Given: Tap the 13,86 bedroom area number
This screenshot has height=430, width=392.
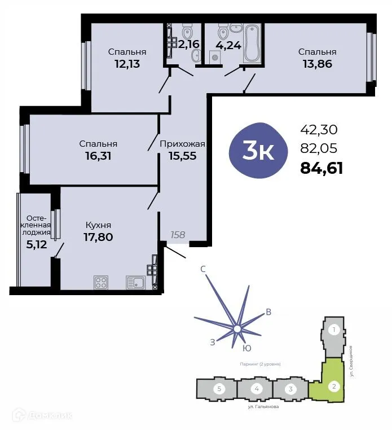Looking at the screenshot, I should pos(317,64).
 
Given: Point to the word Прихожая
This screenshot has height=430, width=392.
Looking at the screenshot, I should pos(182,143).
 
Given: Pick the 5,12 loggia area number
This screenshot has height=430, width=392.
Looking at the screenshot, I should pos(35,244).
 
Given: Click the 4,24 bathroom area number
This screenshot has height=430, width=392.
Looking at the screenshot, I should pos(228,45).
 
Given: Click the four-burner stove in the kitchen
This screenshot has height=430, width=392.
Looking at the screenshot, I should pos(101,282).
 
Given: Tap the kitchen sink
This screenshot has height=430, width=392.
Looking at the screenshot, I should pos(135,282).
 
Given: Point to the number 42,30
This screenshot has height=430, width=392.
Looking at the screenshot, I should pos(319,129).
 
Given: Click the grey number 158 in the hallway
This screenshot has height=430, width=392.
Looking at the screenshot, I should pos(178,234).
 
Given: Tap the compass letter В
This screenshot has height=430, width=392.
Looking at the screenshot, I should pos(269,312).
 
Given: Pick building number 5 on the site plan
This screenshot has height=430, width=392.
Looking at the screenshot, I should pos(218,389).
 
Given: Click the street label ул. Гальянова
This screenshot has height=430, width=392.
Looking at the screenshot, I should pos(263,406).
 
